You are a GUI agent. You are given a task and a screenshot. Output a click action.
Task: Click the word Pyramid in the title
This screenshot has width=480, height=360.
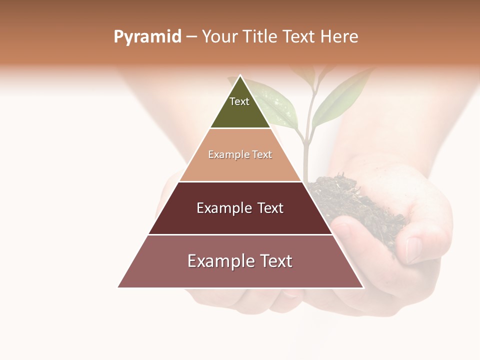[x=147, y=37]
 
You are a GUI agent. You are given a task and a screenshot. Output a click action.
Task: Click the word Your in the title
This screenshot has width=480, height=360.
[x=220, y=37]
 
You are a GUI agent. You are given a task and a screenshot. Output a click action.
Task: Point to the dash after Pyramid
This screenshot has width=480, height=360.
[x=191, y=37]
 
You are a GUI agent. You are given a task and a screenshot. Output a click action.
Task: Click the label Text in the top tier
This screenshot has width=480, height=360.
[x=239, y=101]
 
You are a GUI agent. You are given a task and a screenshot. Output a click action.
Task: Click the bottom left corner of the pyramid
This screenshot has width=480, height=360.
[x=118, y=287]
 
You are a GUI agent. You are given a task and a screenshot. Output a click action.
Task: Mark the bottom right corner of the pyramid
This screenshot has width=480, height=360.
[x=362, y=287]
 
